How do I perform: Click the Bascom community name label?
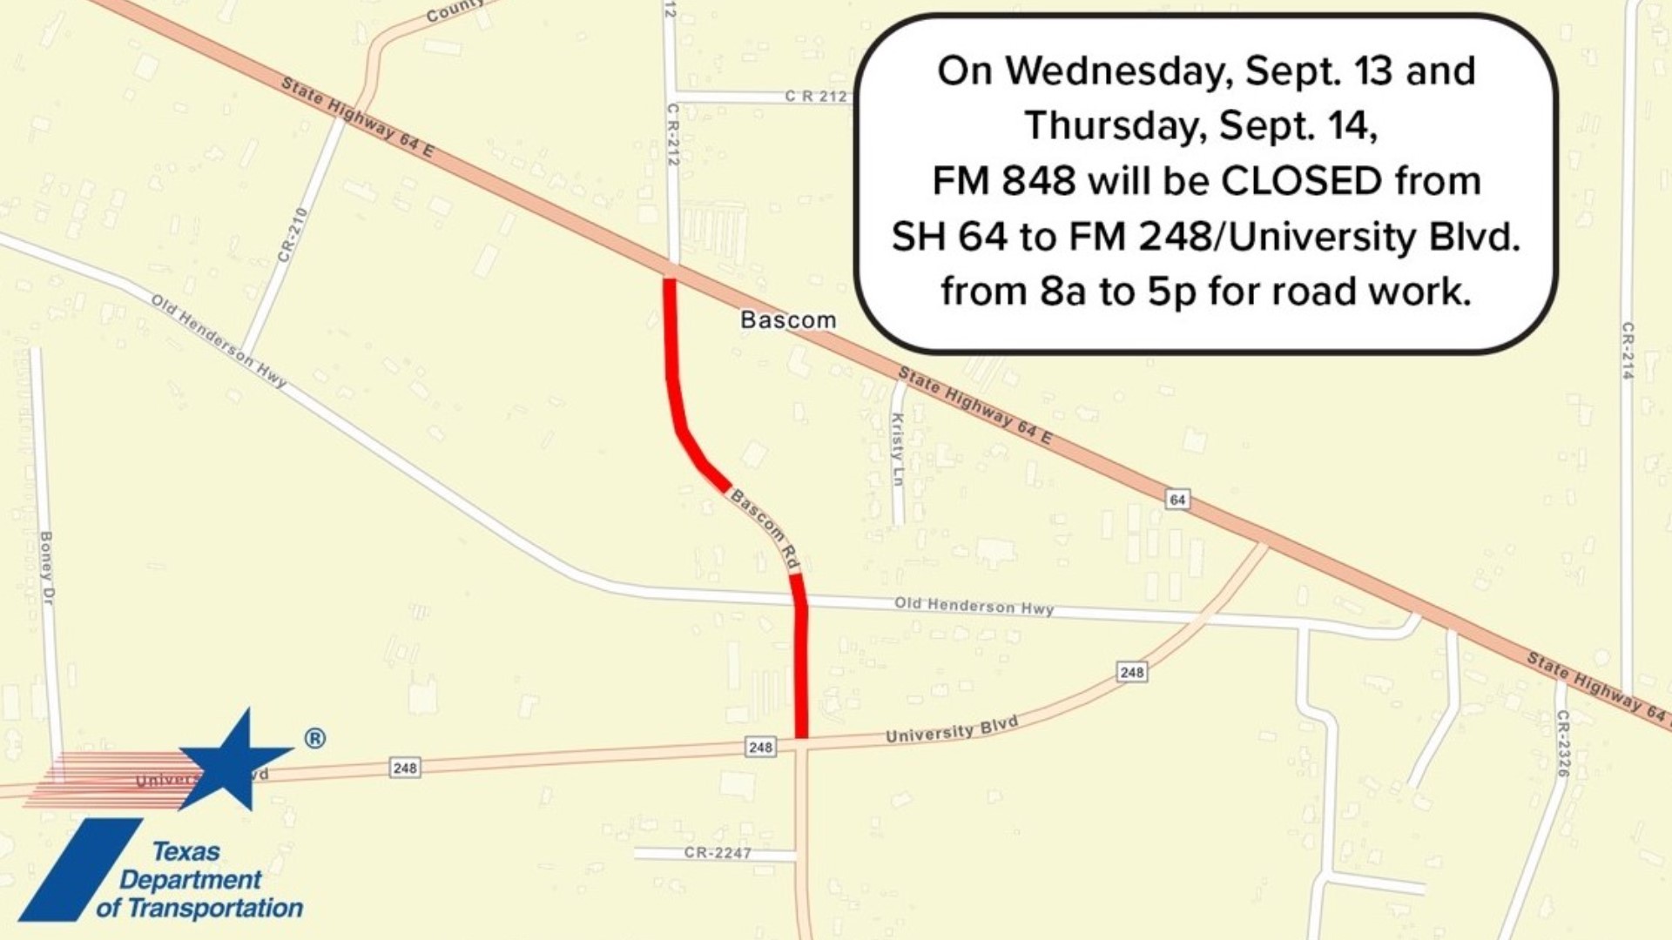(787, 320)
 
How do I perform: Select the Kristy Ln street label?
(898, 449)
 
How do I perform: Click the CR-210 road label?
(293, 234)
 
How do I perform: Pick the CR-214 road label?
(1628, 351)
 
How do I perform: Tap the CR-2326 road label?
(1563, 743)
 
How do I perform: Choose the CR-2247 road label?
(718, 853)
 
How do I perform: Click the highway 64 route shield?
(1177, 500)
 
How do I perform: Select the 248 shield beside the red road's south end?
(760, 747)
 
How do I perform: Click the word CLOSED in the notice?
(1302, 181)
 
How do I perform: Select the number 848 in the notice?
(1038, 181)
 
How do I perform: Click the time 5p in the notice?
(1171, 292)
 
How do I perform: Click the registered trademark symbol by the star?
(315, 739)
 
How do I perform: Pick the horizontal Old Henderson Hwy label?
(974, 606)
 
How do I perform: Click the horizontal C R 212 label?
(816, 96)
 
